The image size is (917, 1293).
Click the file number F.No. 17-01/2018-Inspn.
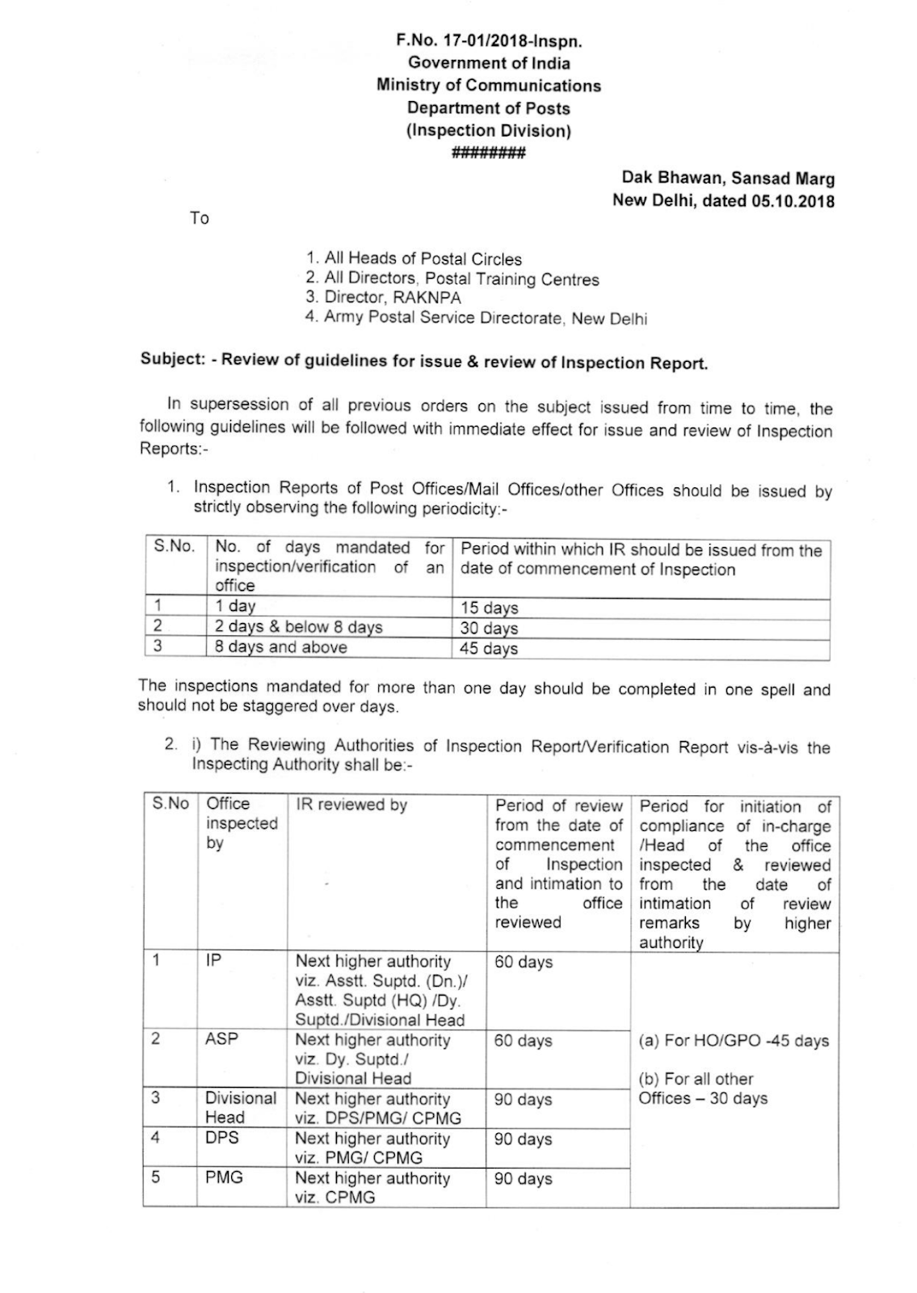[x=489, y=40]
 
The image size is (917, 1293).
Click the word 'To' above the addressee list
[x=200, y=218]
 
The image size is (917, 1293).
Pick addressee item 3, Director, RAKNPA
[x=384, y=297]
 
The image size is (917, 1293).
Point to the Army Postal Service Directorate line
[x=477, y=318]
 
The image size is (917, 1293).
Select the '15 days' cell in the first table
[x=490, y=608]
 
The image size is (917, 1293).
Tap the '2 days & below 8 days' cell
[x=298, y=627]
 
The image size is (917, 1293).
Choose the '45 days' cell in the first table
[x=490, y=648]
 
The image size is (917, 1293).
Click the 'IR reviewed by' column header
[x=351, y=805]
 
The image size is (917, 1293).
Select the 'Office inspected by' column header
[x=241, y=823]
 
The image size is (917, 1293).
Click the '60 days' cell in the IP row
[x=524, y=962]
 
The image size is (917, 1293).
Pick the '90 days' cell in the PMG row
[x=524, y=1179]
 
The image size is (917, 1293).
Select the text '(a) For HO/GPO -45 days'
[x=734, y=1041]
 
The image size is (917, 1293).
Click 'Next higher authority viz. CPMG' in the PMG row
[x=372, y=1188]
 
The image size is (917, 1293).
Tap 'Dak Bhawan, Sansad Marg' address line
[x=727, y=179]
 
